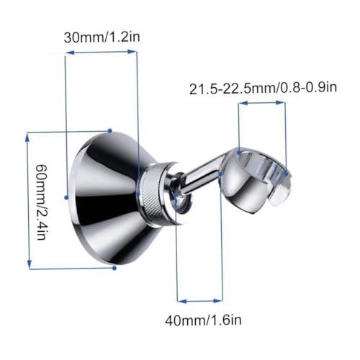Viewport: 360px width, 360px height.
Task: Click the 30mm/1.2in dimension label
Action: coord(102,37)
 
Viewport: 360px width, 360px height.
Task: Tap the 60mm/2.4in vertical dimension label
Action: coord(41,202)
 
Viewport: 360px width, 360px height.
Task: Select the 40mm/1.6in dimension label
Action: coord(203,320)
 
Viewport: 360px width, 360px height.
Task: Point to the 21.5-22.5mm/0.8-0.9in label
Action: coord(263,89)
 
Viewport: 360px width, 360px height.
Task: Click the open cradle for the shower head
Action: coord(257,179)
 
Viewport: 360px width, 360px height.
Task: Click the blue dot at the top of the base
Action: coord(110,131)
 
